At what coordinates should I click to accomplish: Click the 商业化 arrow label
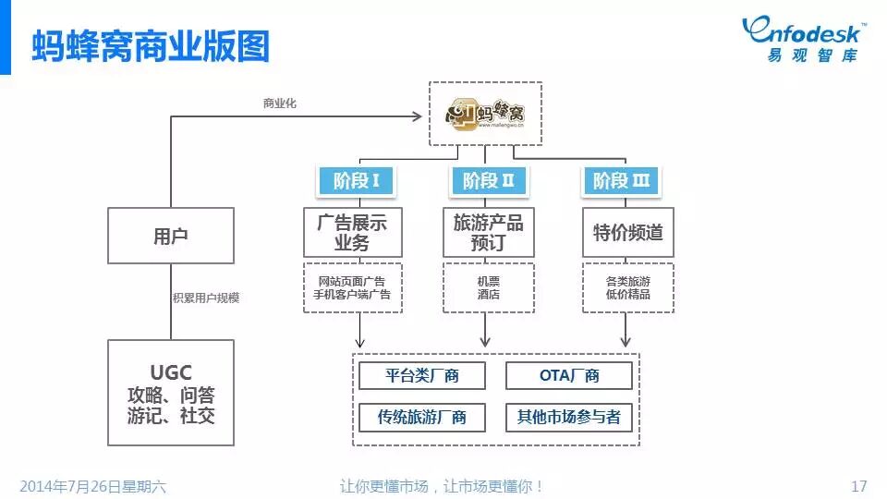pyautogui.click(x=279, y=103)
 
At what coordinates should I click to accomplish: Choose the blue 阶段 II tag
pyautogui.click(x=489, y=180)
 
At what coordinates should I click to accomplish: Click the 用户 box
pyautogui.click(x=171, y=235)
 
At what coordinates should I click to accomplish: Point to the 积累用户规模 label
pyautogui.click(x=206, y=298)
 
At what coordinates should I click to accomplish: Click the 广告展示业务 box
pyautogui.click(x=352, y=232)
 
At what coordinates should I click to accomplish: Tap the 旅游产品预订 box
pyautogui.click(x=489, y=232)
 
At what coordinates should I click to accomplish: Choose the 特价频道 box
pyautogui.click(x=627, y=232)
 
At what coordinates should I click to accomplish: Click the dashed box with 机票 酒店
pyautogui.click(x=489, y=287)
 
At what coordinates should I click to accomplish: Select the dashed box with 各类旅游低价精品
pyautogui.click(x=627, y=287)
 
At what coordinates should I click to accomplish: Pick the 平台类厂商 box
pyautogui.click(x=421, y=376)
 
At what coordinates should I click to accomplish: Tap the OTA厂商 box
pyautogui.click(x=569, y=376)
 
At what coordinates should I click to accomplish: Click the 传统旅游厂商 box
pyautogui.click(x=421, y=417)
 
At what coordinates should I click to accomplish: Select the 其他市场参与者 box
pyautogui.click(x=569, y=417)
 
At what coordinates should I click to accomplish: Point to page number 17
pyautogui.click(x=858, y=486)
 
